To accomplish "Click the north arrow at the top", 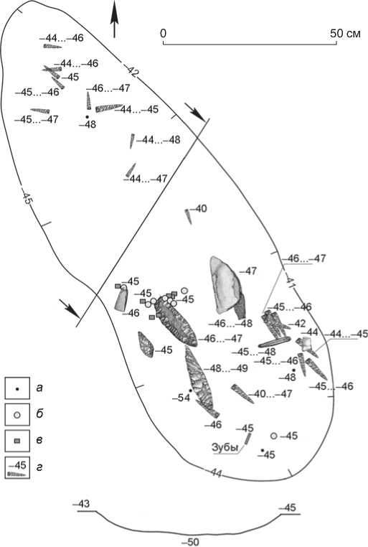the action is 114,19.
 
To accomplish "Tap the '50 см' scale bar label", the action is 345,34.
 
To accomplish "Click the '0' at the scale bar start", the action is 163,34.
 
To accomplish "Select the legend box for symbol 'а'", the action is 17,388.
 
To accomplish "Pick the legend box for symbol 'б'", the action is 17,414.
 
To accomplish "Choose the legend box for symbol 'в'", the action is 17,441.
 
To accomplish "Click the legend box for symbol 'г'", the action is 17,467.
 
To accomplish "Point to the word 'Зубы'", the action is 225,447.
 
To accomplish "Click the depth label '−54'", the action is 181,398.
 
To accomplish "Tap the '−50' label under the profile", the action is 190,542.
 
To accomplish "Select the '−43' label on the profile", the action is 81,504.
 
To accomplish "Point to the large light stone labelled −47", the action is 226,285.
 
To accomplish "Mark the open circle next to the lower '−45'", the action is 274,436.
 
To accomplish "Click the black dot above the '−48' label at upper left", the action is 87,116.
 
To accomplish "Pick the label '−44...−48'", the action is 159,140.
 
